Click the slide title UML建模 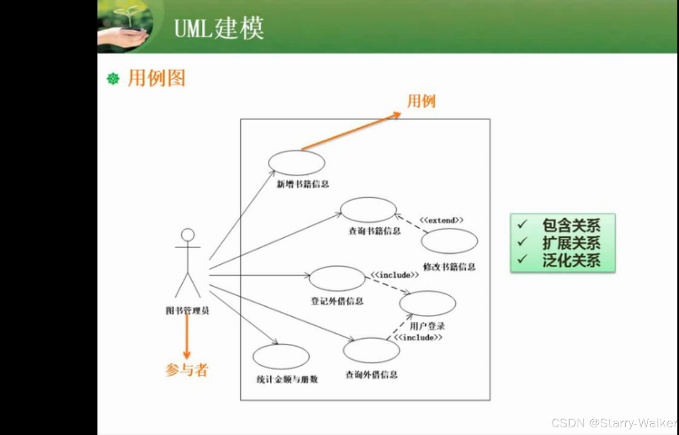tap(219, 28)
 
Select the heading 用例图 tap(156, 78)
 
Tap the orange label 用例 tap(421, 101)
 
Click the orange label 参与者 tap(187, 370)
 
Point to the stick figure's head tap(188, 234)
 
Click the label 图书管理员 tap(187, 311)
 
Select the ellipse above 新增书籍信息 tap(297, 163)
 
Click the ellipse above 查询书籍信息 tap(368, 210)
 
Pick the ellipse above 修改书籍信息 tap(449, 241)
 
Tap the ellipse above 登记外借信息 tap(337, 278)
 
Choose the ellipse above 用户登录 tap(427, 303)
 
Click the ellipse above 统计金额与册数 tap(281, 357)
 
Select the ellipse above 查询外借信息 tap(371, 350)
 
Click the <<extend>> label tap(442, 220)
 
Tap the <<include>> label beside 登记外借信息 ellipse tap(395, 275)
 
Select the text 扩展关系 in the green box tap(571, 243)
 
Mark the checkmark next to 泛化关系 tap(522, 259)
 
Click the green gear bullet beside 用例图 tap(113, 78)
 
